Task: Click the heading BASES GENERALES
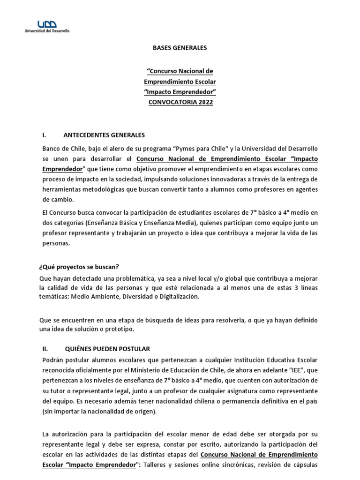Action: [x=180, y=48]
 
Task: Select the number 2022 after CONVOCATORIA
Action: [x=204, y=102]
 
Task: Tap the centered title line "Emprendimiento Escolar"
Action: [x=180, y=82]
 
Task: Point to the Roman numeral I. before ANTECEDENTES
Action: [x=44, y=135]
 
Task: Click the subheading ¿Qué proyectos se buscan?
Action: [x=79, y=267]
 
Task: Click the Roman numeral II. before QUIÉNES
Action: [x=45, y=349]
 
